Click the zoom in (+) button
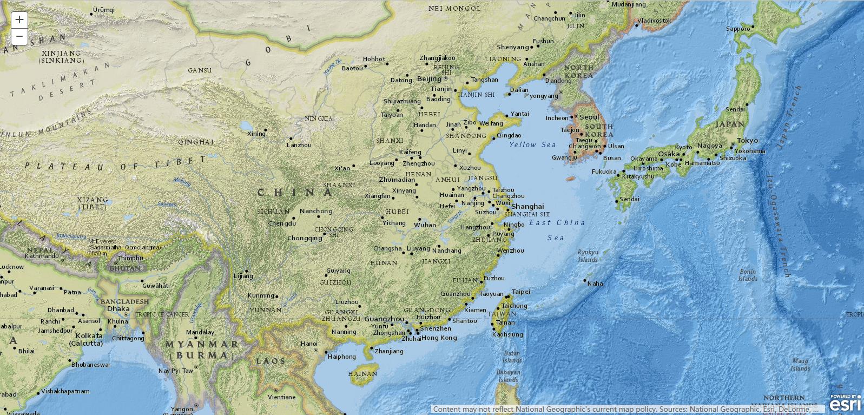click(19, 20)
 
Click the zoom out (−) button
click(19, 36)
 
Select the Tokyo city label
click(747, 140)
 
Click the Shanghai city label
click(527, 206)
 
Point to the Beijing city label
click(430, 78)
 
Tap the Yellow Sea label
click(532, 144)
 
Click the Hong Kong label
click(439, 338)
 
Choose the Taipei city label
click(521, 292)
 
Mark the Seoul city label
click(589, 117)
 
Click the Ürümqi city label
click(104, 10)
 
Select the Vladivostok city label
click(654, 21)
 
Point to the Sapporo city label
click(738, 29)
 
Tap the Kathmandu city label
click(41, 255)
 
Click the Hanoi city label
click(309, 344)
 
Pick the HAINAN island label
click(362, 374)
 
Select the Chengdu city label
click(282, 223)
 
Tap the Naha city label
click(595, 283)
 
